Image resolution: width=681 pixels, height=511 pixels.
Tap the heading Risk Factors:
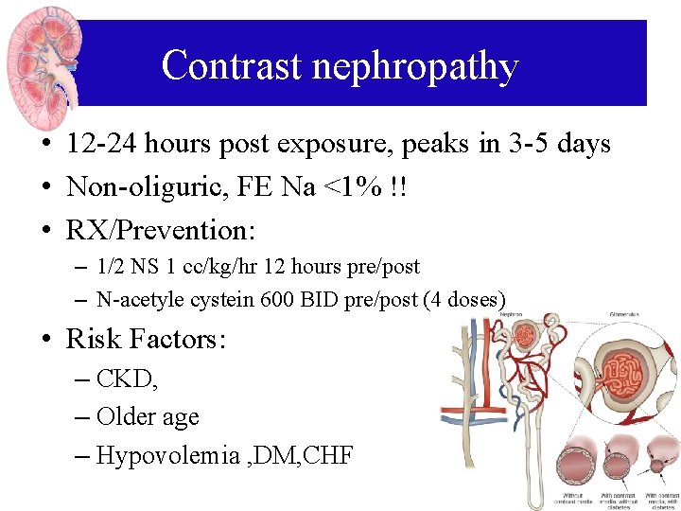(x=146, y=339)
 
